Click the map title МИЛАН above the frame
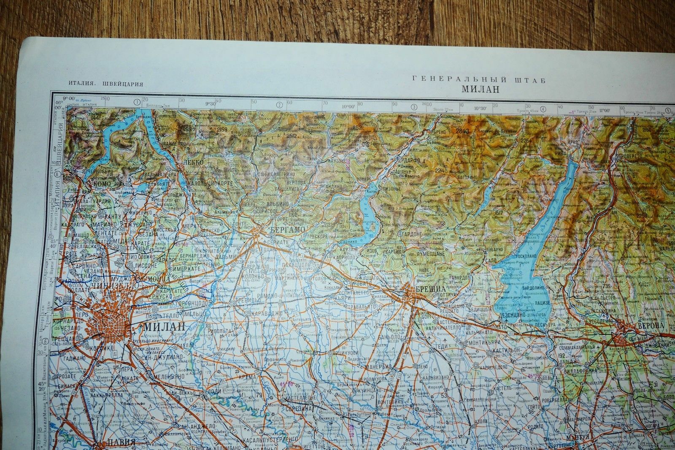[480, 89]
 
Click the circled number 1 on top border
[137, 102]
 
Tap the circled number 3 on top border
[414, 107]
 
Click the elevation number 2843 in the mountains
[462, 131]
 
